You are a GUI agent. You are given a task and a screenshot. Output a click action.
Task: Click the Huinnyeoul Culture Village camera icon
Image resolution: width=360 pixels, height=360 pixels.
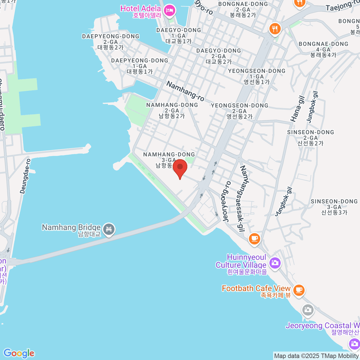(x=274, y=263)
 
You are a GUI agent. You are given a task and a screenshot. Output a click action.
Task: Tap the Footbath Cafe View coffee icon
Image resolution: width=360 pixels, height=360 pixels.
(x=298, y=290)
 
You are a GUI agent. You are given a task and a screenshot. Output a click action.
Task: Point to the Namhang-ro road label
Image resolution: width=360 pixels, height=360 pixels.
(x=185, y=91)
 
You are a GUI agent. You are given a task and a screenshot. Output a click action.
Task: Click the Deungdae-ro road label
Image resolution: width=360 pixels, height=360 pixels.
(x=25, y=176)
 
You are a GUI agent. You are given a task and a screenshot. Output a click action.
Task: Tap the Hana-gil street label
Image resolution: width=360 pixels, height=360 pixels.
(x=297, y=109)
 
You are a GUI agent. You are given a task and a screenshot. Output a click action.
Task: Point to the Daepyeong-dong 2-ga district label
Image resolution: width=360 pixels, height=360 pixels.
(x=111, y=42)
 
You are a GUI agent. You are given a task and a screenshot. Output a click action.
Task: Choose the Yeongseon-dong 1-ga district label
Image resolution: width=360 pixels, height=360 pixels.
(x=257, y=76)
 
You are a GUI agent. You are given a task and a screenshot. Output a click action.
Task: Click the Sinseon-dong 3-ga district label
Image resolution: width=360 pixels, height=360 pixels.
(x=334, y=207)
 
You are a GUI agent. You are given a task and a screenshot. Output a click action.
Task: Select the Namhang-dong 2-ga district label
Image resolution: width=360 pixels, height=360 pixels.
(x=172, y=110)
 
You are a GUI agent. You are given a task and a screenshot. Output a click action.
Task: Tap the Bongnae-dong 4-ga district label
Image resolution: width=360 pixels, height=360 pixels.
(x=323, y=49)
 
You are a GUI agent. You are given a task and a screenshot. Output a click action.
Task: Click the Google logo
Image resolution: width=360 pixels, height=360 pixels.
(x=19, y=353)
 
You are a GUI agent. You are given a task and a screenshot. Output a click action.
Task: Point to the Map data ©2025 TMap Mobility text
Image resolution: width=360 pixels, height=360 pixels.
(x=316, y=356)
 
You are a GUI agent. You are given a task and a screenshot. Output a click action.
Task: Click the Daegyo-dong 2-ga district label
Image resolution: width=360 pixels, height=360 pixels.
(x=219, y=56)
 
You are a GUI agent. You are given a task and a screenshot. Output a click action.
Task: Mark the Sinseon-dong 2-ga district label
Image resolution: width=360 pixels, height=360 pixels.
(x=310, y=138)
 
